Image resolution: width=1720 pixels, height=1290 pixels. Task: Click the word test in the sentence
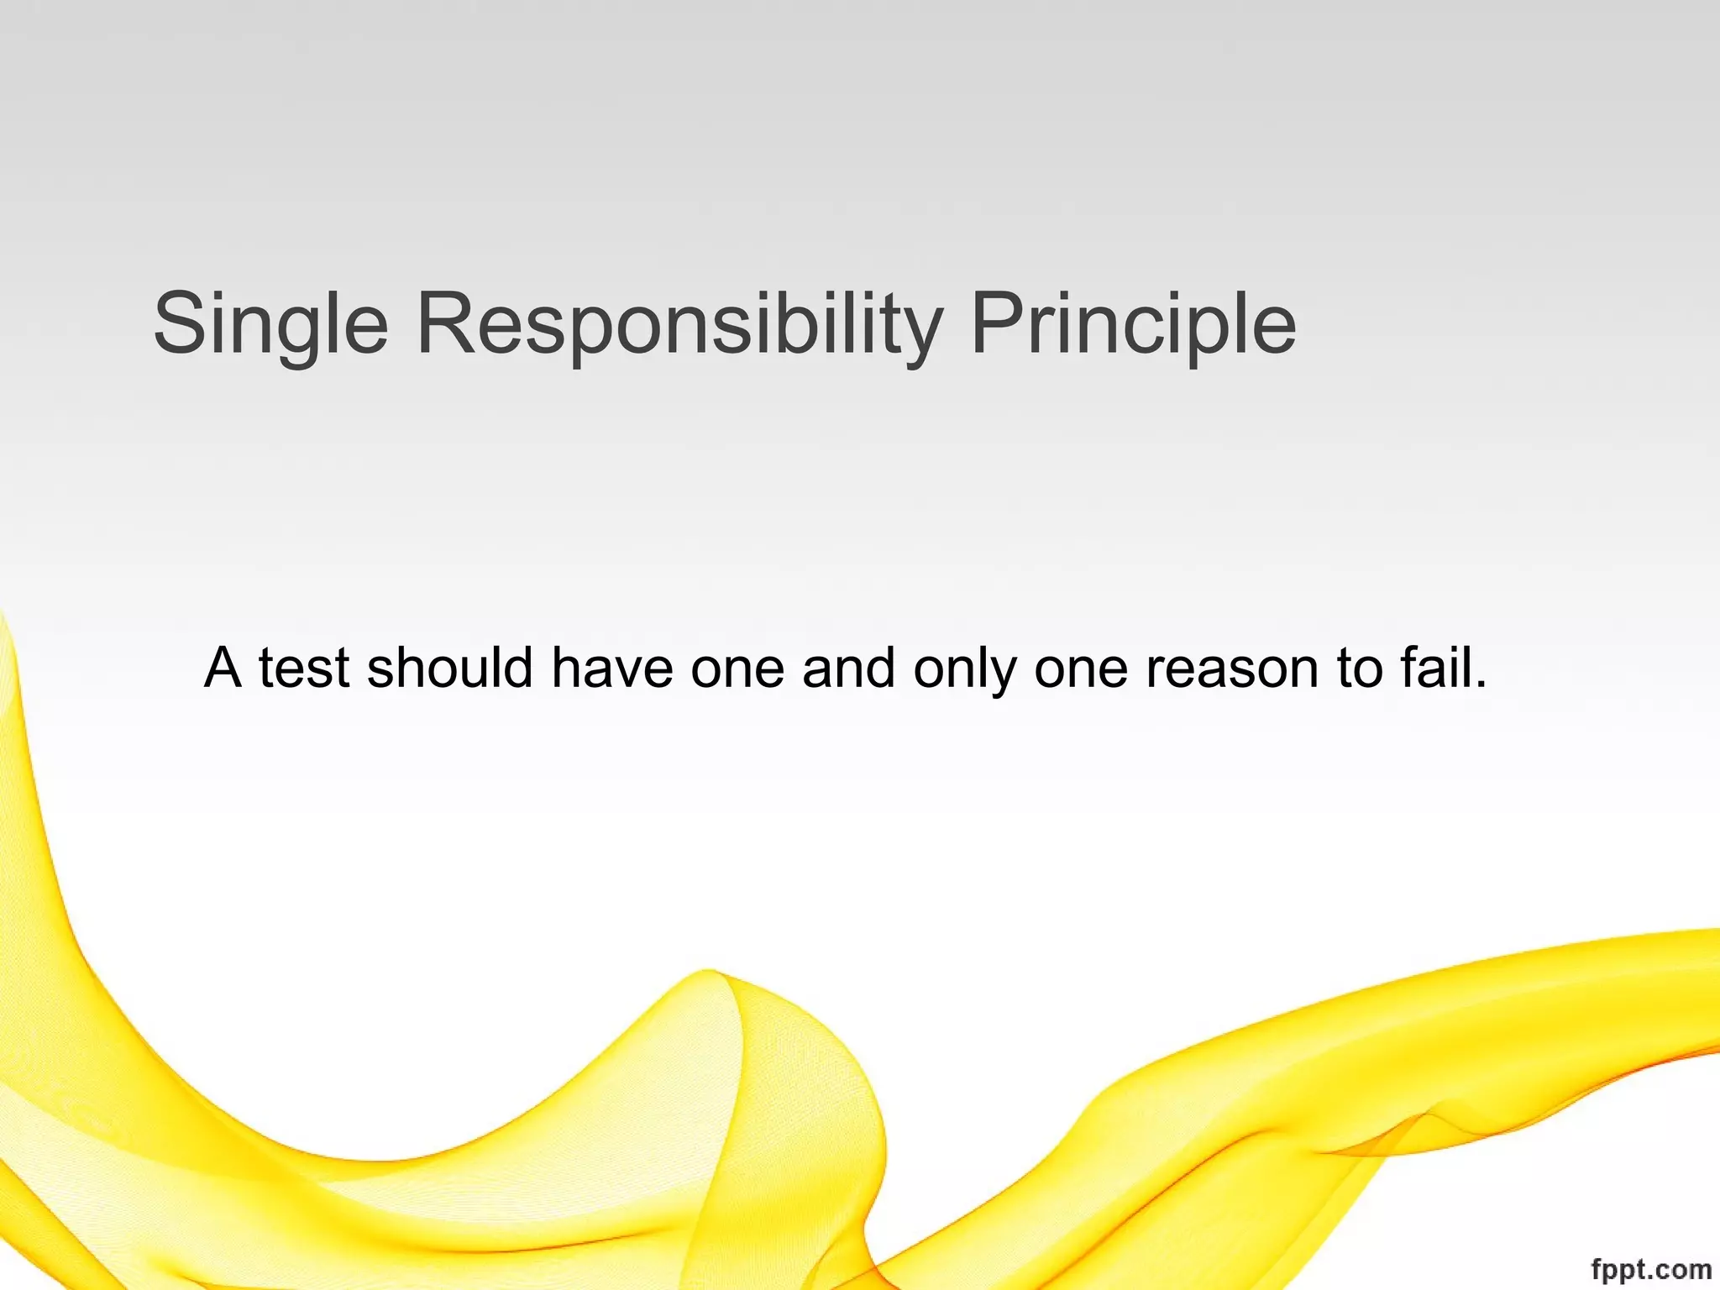pyautogui.click(x=303, y=669)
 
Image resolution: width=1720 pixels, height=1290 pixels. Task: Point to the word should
pyautogui.click(x=450, y=669)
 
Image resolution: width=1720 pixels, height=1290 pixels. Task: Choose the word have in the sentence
pyautogui.click(x=612, y=669)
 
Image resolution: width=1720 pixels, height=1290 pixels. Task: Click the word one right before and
pyautogui.click(x=737, y=670)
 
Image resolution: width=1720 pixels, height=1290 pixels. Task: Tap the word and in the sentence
pyautogui.click(x=848, y=669)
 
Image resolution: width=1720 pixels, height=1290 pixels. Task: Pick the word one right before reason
pyautogui.click(x=1081, y=670)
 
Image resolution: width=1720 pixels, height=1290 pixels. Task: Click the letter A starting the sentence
pyautogui.click(x=223, y=669)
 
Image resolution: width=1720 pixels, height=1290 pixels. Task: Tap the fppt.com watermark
pyautogui.click(x=1650, y=1269)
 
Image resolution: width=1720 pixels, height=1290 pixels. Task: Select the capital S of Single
pyautogui.click(x=179, y=324)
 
